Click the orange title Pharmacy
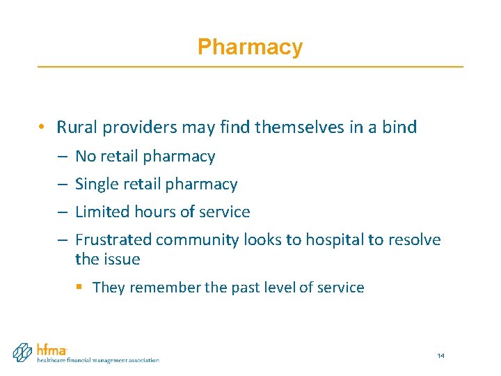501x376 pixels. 250,47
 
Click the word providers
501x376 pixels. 132,128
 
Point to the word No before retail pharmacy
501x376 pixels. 85,157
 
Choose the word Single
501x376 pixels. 95,185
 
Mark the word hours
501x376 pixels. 151,212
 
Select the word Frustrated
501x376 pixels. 113,240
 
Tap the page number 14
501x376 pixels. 440,356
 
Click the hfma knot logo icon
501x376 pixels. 23,352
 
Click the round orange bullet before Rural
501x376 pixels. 42,127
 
